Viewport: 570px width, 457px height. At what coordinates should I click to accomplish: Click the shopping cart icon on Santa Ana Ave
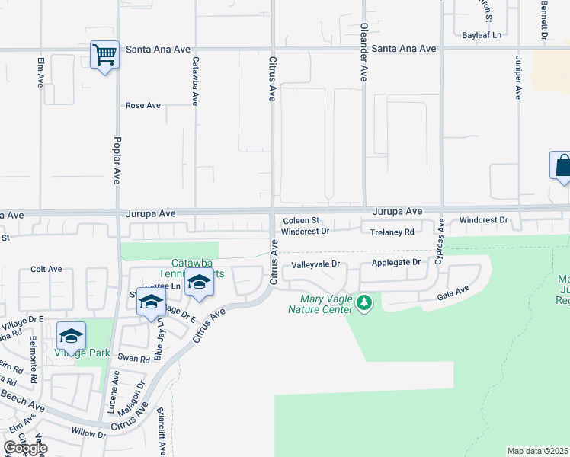(x=104, y=55)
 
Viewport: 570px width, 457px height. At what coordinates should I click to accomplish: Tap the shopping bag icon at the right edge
(x=562, y=165)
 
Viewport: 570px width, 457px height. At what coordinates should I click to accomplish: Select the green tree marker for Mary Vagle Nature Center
(x=366, y=303)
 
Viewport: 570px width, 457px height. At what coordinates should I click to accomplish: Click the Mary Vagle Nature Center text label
(x=320, y=304)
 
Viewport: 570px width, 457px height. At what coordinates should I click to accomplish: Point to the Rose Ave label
(x=143, y=105)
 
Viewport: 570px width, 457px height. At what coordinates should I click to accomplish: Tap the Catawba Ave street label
(x=195, y=81)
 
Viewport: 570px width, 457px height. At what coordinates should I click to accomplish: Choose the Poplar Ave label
(x=117, y=161)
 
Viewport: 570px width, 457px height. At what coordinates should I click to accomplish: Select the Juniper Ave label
(x=518, y=77)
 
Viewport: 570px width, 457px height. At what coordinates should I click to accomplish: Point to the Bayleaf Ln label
(x=482, y=35)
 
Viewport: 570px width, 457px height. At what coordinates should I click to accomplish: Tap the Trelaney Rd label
(x=392, y=232)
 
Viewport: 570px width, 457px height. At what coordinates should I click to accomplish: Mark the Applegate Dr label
(x=395, y=262)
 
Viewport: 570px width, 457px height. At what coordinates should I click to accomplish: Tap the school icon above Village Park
(x=71, y=336)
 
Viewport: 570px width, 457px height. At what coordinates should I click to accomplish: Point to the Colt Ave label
(x=46, y=269)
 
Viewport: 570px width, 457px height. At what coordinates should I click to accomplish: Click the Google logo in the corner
(x=25, y=448)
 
